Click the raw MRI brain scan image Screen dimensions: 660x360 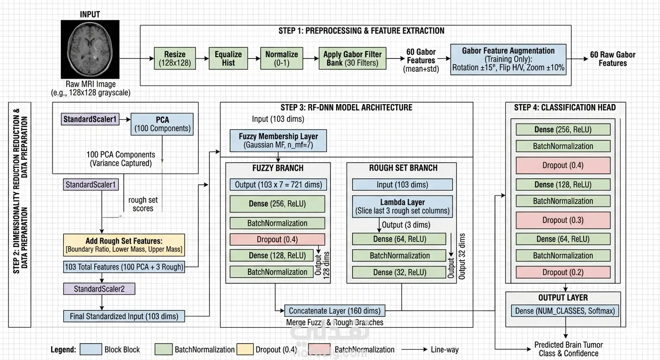coord(90,49)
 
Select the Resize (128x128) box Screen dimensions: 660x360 coord(175,58)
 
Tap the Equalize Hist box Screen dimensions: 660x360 coord(228,58)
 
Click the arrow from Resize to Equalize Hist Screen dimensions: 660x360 coord(202,58)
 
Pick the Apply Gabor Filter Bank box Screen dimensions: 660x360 coord(352,58)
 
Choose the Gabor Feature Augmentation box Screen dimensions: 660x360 coord(508,59)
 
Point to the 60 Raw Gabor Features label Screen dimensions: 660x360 coord(613,59)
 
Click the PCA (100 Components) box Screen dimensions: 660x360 coord(162,124)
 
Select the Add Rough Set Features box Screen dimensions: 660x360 coord(124,245)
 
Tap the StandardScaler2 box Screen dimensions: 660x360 coord(99,289)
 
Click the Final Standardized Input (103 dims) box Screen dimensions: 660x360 coord(124,316)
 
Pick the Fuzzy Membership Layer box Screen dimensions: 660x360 coord(278,141)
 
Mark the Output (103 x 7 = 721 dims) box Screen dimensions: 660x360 coord(278,184)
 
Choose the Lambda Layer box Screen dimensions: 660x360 coord(403,207)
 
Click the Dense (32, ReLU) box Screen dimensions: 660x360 coord(399,272)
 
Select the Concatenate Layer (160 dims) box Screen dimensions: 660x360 coord(335,310)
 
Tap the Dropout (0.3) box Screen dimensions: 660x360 coord(563,220)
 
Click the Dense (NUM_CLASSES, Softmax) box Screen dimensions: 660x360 coord(565,311)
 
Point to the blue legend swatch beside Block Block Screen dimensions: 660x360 coord(91,349)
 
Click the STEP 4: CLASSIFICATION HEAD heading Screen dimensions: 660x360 coord(565,107)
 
